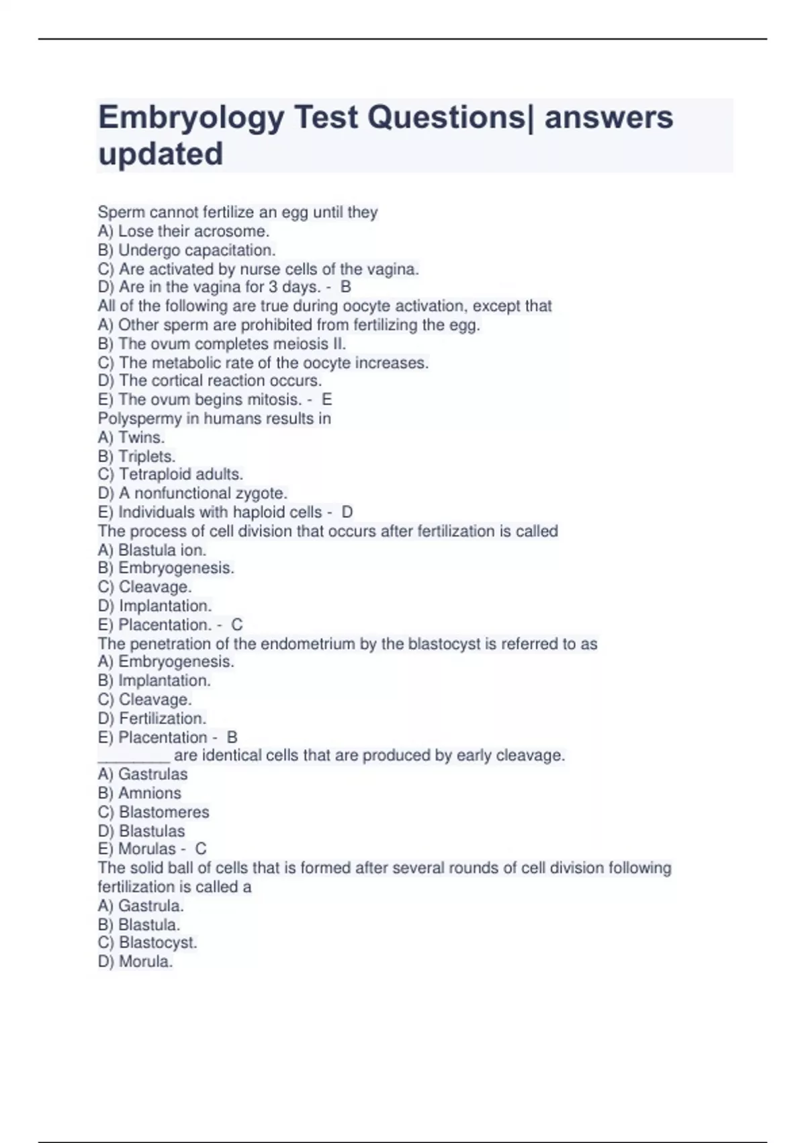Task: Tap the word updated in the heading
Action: pyautogui.click(x=161, y=154)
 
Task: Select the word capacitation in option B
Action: pyautogui.click(x=232, y=250)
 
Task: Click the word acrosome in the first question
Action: pyautogui.click(x=230, y=231)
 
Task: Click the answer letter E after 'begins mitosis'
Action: pyautogui.click(x=327, y=399)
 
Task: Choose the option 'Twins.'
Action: pyautogui.click(x=141, y=437)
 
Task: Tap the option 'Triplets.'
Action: pyautogui.click(x=146, y=456)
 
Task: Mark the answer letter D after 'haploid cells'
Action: pyautogui.click(x=347, y=512)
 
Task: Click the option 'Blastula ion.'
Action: pyautogui.click(x=162, y=549)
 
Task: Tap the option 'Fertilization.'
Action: pyautogui.click(x=162, y=718)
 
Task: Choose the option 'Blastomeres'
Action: pyautogui.click(x=164, y=812)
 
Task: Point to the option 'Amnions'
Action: pyautogui.click(x=149, y=793)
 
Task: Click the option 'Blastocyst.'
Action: pyautogui.click(x=158, y=943)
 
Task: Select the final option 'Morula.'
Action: pyautogui.click(x=146, y=961)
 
